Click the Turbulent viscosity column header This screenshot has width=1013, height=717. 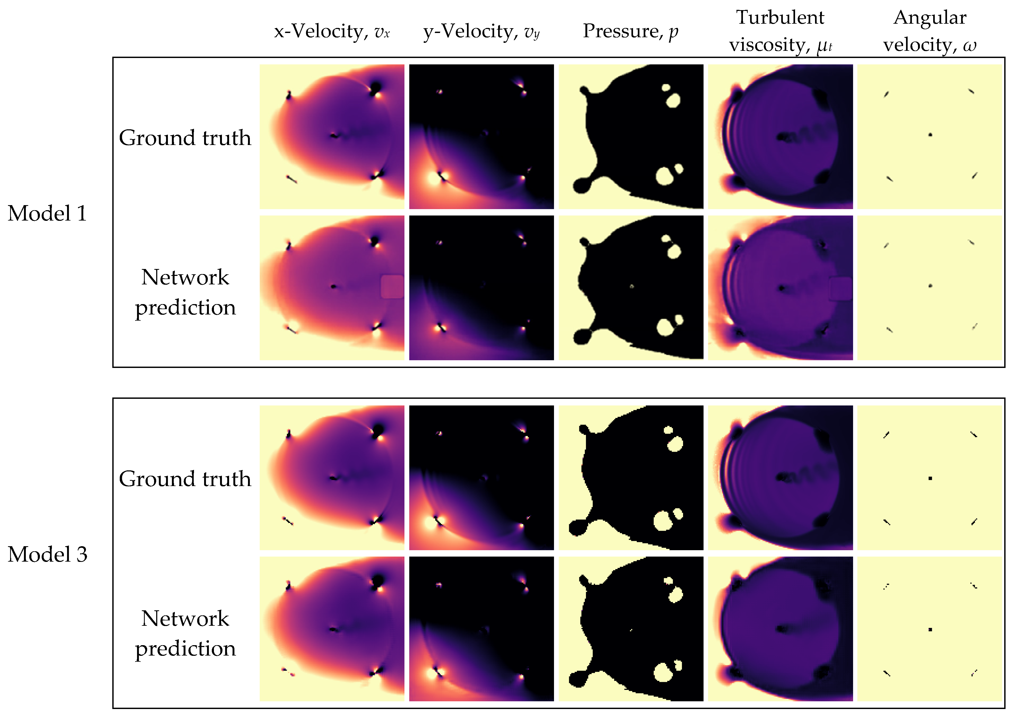[780, 31]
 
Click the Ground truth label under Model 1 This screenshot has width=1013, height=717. [185, 138]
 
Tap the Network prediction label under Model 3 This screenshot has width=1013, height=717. [185, 633]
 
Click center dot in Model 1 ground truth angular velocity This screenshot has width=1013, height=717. [930, 135]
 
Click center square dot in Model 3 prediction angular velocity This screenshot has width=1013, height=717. [930, 629]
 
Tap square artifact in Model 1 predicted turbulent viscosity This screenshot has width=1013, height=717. [840, 288]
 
